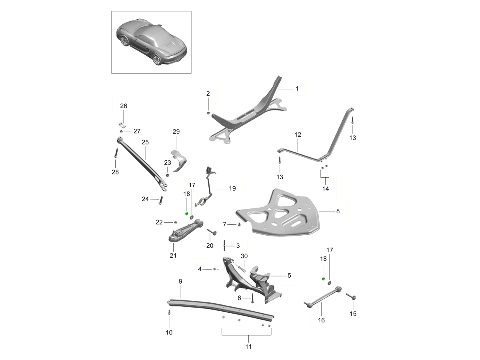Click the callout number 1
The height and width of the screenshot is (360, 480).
(x=297, y=88)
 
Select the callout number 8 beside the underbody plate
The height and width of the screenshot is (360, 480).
(x=338, y=211)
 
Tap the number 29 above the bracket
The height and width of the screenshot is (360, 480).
(x=176, y=132)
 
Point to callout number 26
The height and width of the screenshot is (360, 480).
(x=124, y=106)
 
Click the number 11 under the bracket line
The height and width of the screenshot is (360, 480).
(x=248, y=347)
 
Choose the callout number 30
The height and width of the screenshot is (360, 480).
(x=244, y=256)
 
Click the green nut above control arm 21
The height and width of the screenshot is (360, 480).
(x=186, y=214)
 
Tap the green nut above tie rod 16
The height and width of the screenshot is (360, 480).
(x=324, y=279)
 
